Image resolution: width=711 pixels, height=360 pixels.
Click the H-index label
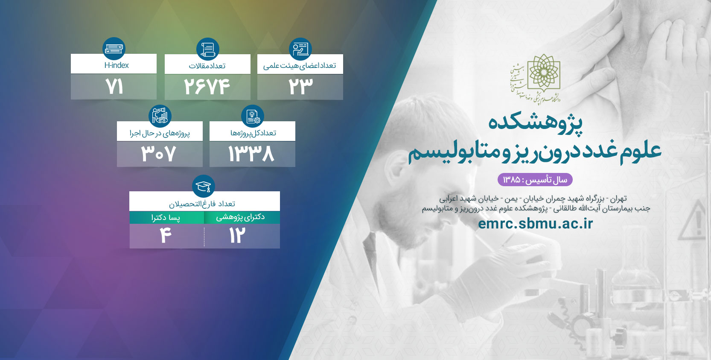[117, 65]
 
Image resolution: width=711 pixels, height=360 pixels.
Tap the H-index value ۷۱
[114, 87]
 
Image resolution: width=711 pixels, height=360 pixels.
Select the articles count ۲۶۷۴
[207, 87]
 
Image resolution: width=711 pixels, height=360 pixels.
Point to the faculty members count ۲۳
[300, 87]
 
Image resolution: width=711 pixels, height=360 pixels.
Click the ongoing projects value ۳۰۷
[158, 154]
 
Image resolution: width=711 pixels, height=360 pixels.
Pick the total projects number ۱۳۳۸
[251, 154]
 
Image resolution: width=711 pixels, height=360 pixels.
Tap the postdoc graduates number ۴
[166, 235]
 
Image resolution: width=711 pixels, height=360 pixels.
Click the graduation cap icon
[204, 186]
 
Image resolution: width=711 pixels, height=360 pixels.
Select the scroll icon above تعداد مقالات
[207, 49]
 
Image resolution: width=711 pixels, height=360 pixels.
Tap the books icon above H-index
[114, 49]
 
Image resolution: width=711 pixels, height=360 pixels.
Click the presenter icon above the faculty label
[300, 49]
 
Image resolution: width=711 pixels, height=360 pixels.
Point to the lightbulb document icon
[253, 116]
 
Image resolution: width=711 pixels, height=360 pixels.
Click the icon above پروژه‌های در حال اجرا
[160, 116]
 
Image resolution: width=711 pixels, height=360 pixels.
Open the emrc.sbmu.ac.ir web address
[535, 223]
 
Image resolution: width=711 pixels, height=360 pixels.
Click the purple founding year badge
[535, 180]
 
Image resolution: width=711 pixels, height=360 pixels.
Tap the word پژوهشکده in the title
[536, 124]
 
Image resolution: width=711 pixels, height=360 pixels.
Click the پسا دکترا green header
[166, 217]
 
